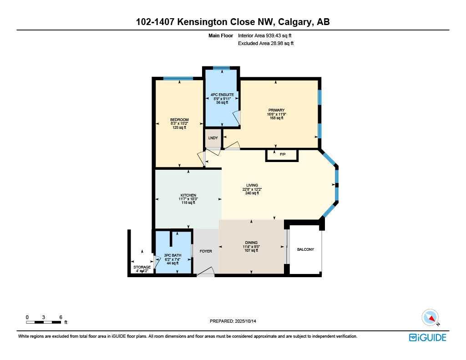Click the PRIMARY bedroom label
point(276,110)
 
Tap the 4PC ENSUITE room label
point(222,95)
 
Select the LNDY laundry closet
point(213,138)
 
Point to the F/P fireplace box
point(282,155)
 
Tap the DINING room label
point(251,243)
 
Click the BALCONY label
point(305,249)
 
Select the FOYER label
point(206,251)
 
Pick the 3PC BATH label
point(173,255)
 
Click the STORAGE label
point(142,267)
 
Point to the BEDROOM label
point(179,120)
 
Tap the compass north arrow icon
point(430,318)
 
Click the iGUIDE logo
point(427,337)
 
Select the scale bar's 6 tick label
point(60,317)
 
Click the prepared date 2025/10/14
point(249,321)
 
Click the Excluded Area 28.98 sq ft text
point(266,43)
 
